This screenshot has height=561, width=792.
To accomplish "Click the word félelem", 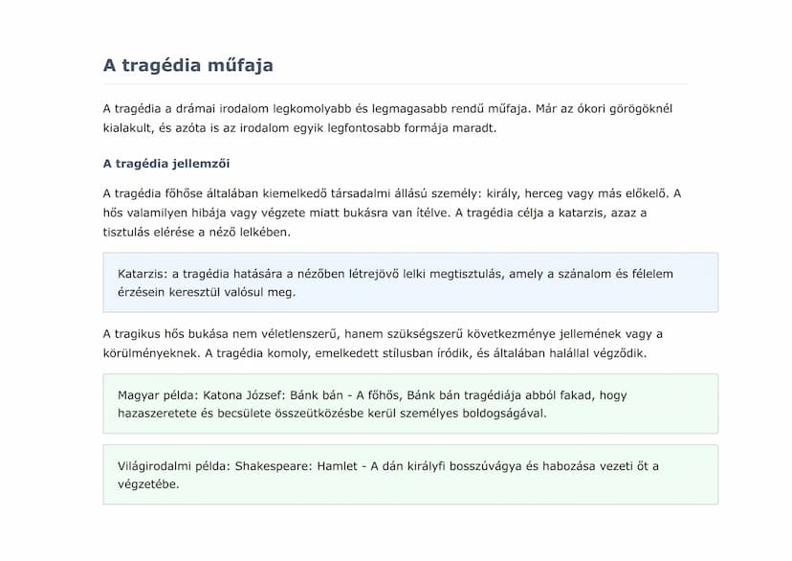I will click(650, 274).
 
